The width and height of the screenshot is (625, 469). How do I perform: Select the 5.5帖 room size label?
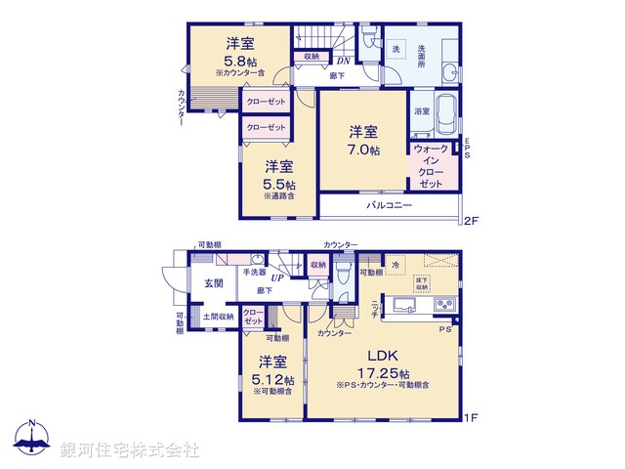tap(279, 184)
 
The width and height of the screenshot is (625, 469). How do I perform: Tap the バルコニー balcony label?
tap(390, 206)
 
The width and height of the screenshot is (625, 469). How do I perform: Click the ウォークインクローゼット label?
tap(432, 166)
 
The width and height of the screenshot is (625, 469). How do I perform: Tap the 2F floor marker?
tap(471, 219)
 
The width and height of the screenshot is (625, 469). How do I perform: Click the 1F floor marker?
tap(471, 419)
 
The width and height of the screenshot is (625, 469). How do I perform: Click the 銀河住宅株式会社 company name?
tap(130, 449)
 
